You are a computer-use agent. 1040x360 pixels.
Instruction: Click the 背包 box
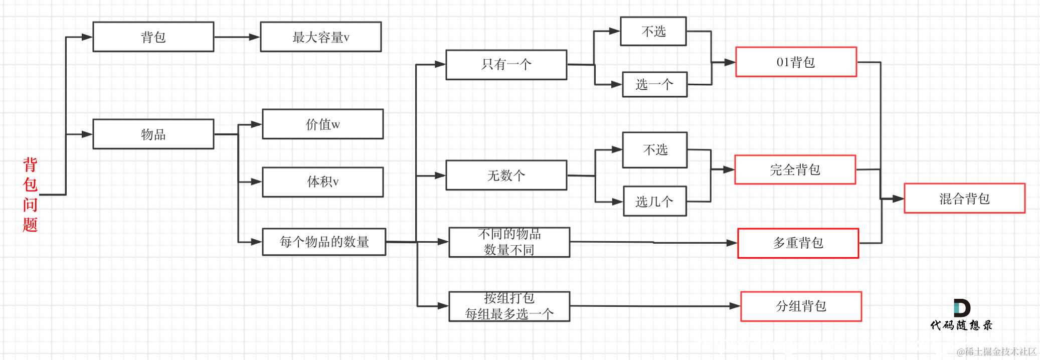(153, 37)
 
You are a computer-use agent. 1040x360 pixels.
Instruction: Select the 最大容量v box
(321, 37)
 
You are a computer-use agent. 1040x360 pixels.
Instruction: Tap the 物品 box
(153, 134)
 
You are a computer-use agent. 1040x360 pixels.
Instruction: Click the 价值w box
(323, 124)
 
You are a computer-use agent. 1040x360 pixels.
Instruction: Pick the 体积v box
(323, 182)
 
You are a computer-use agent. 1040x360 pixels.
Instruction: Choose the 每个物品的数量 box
(324, 242)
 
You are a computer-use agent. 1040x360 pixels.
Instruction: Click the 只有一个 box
(506, 64)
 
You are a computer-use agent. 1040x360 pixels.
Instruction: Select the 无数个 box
(506, 175)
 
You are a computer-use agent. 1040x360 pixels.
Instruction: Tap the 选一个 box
(654, 84)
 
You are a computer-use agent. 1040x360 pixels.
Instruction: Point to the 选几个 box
(654, 201)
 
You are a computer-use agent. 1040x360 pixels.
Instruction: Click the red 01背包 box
(796, 62)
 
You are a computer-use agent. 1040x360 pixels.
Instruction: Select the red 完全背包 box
(795, 169)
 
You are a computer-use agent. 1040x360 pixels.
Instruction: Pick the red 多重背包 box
(798, 243)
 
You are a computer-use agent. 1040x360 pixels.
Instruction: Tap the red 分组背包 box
(801, 306)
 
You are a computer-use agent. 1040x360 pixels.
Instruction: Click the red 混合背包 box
(964, 199)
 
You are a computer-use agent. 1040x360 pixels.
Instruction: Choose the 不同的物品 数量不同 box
(509, 242)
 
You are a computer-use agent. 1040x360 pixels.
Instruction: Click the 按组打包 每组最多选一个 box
(509, 306)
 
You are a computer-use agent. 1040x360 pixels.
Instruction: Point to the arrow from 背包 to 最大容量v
(237, 37)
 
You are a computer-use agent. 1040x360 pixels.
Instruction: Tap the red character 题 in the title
(30, 224)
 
